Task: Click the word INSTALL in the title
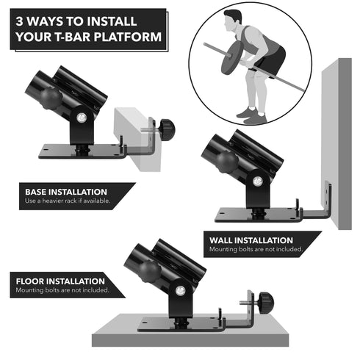coord(112,21)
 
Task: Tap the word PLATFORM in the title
coord(128,37)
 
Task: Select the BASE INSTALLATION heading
coord(66,192)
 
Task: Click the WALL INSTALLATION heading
coord(251,240)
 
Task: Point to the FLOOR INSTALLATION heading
coord(60,281)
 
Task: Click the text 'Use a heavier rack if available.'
coord(68,201)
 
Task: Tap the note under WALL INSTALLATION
coord(256,249)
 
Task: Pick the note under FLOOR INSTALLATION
coord(62,290)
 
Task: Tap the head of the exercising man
coord(232,20)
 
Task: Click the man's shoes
coord(252,115)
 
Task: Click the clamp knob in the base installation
coord(168,130)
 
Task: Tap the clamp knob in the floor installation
coord(266,303)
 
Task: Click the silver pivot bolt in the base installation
coord(82,118)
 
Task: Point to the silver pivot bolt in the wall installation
coord(258,181)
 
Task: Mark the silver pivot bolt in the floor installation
coord(181,291)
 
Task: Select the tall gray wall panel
coord(336,144)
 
